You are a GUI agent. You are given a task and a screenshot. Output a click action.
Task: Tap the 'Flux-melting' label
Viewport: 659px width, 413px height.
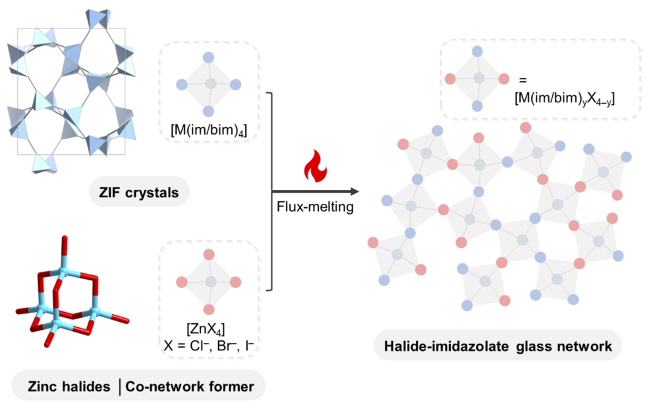[x=315, y=207]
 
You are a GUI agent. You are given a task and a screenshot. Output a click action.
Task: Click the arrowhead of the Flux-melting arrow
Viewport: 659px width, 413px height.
[x=355, y=192]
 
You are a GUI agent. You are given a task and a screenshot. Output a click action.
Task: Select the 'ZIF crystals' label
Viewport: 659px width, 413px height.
[x=139, y=193]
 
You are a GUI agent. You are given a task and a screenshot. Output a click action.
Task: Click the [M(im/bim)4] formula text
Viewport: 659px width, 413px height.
[x=209, y=130]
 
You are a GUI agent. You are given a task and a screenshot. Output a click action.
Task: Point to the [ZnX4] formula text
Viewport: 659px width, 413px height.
[x=206, y=329]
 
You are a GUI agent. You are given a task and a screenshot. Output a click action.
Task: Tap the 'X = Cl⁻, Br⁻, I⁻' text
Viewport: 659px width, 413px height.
[x=209, y=345]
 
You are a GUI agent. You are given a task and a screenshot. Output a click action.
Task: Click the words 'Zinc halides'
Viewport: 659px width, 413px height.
[x=69, y=387]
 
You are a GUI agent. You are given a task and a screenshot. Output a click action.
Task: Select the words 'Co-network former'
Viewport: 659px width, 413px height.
[x=190, y=387]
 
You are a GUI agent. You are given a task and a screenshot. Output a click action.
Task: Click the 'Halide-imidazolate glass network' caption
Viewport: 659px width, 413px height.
[x=498, y=346]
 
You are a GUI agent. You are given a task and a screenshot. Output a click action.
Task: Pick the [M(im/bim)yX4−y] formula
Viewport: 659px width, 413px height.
[x=565, y=98]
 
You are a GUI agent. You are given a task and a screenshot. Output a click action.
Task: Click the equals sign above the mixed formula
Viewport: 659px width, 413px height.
[x=523, y=80]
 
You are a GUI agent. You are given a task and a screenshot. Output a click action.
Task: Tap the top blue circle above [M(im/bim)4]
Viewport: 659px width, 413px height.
[x=208, y=57]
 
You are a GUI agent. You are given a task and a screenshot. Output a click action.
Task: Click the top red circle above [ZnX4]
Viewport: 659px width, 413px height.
[x=209, y=255]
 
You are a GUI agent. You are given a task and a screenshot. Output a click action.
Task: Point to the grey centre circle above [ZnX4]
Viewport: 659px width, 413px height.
[x=211, y=282]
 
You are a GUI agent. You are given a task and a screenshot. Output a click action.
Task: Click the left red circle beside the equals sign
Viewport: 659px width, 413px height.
[x=450, y=79]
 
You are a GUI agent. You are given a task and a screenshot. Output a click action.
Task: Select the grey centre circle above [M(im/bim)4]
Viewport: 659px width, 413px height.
[x=211, y=83]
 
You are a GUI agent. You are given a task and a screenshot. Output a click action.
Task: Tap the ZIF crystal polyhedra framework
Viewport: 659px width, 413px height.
[x=71, y=90]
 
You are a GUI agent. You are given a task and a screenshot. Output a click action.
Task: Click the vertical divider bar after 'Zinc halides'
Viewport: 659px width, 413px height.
[x=119, y=387]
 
